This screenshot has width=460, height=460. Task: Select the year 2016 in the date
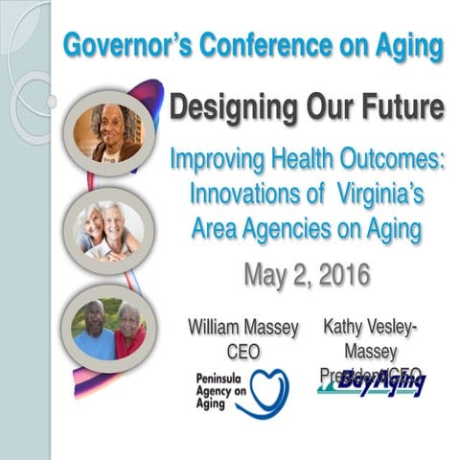[334, 275]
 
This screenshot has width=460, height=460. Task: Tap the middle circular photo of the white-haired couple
[109, 229]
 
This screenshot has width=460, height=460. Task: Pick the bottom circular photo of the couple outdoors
[108, 328]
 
